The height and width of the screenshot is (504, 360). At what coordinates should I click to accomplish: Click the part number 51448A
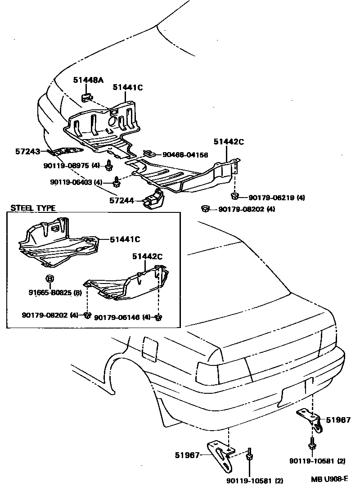click(x=88, y=80)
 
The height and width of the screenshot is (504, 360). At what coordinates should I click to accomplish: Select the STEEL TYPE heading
click(x=33, y=208)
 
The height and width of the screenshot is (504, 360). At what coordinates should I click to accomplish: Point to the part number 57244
click(x=121, y=199)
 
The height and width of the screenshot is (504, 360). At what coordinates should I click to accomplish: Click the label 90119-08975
click(x=66, y=166)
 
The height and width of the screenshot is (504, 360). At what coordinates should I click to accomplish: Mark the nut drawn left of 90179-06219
click(x=234, y=196)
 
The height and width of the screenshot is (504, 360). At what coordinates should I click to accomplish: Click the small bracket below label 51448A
click(x=87, y=97)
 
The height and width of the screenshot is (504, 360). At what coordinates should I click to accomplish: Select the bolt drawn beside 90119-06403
click(x=116, y=182)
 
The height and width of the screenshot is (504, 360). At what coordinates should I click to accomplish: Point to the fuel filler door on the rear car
click(x=149, y=348)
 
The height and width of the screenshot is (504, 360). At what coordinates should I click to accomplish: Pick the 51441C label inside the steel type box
click(x=125, y=239)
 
